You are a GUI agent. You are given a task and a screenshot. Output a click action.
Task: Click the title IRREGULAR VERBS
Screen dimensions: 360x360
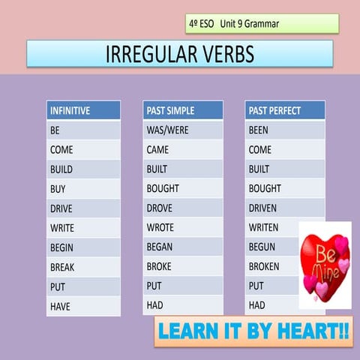pyautogui.click(x=180, y=54)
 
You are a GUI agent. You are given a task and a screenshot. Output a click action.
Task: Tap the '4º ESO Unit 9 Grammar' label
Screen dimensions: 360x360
pyautogui.click(x=262, y=24)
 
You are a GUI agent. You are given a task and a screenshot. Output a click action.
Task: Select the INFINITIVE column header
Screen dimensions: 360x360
pyautogui.click(x=83, y=110)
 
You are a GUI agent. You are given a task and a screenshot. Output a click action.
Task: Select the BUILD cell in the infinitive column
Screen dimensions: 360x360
pyautogui.click(x=83, y=169)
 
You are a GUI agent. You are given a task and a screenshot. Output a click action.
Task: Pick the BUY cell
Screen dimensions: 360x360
pyautogui.click(x=83, y=189)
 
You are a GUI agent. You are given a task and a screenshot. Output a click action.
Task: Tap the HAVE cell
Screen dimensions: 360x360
pyautogui.click(x=83, y=306)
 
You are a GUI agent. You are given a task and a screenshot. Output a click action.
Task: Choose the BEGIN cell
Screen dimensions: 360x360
pyautogui.click(x=83, y=247)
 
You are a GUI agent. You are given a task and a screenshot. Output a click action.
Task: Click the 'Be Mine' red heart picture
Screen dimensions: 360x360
pyautogui.click(x=325, y=265)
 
